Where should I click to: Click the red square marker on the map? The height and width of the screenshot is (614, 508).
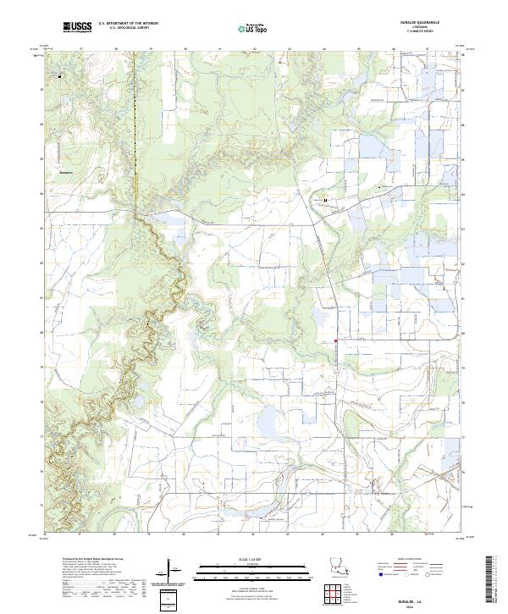pos(336,341)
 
